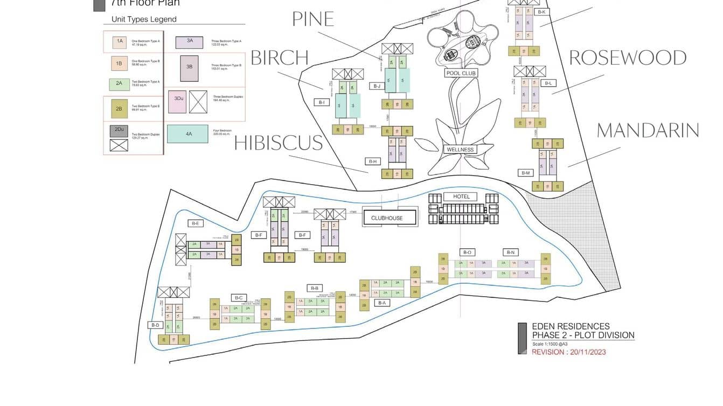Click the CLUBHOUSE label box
click(386, 218)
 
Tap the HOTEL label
click(461, 197)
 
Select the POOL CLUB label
click(462, 73)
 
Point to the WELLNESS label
click(460, 150)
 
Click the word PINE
click(313, 19)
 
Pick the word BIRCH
click(280, 58)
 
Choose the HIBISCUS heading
click(279, 143)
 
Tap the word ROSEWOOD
click(628, 58)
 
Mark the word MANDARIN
click(648, 130)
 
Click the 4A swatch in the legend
click(187, 134)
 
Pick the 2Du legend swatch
click(119, 130)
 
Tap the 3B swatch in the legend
click(189, 67)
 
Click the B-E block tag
click(194, 223)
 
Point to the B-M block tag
click(526, 173)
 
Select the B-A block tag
click(382, 303)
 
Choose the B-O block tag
click(467, 252)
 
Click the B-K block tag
click(541, 11)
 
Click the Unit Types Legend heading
click(144, 19)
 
